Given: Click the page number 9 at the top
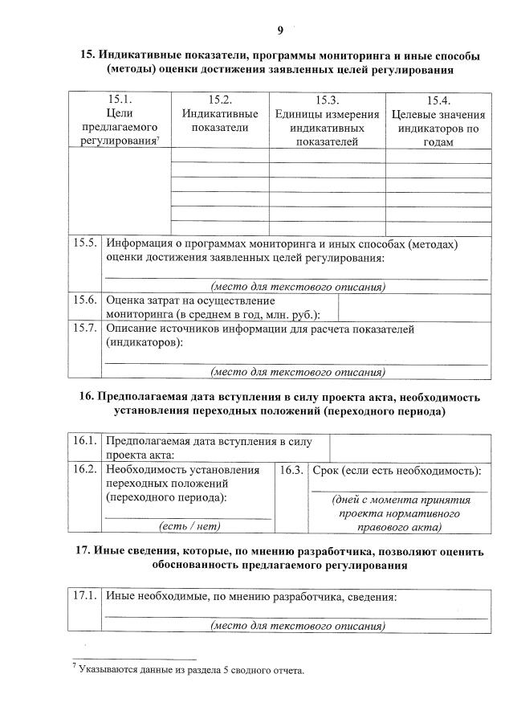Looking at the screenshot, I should coord(280,31).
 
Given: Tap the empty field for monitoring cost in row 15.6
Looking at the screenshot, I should coord(414,307).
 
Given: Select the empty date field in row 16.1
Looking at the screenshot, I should coord(410,447).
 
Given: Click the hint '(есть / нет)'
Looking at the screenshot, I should coord(189,526).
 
